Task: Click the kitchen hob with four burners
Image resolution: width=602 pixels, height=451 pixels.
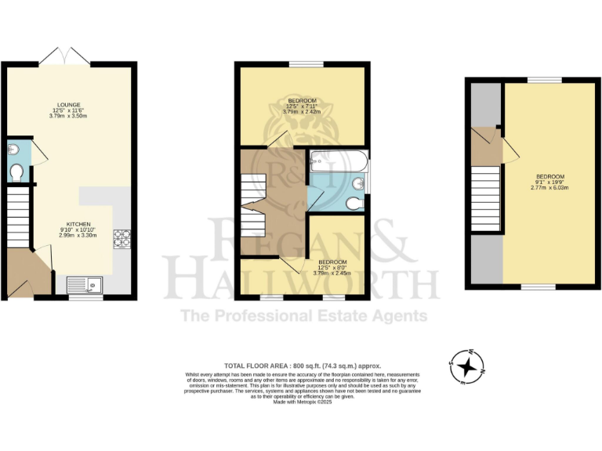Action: pyautogui.click(x=121, y=238)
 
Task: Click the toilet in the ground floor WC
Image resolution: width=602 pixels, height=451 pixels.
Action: pyautogui.click(x=16, y=171)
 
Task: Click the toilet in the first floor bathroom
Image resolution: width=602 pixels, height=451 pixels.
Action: pyautogui.click(x=355, y=204)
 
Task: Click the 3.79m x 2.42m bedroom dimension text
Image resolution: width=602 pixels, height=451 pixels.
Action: pyautogui.click(x=302, y=112)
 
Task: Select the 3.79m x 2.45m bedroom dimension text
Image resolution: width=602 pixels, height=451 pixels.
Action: pyautogui.click(x=332, y=273)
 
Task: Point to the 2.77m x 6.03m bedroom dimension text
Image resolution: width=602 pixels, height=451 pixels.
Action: pyautogui.click(x=549, y=189)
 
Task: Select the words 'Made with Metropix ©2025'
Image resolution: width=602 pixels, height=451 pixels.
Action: pyautogui.click(x=302, y=402)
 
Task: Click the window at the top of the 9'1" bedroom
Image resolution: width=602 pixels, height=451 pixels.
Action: pyautogui.click(x=544, y=80)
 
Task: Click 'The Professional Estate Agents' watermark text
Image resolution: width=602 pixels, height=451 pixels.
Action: pyautogui.click(x=304, y=316)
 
